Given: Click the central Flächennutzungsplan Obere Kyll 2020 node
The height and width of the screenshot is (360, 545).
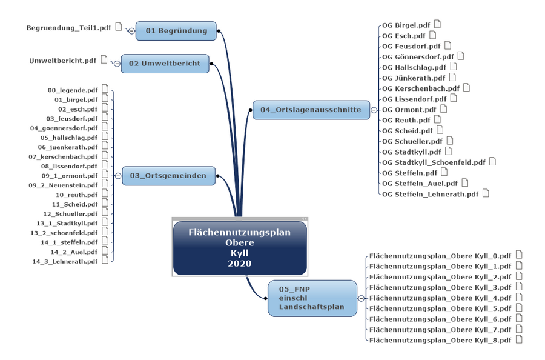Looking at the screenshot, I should [x=239, y=248].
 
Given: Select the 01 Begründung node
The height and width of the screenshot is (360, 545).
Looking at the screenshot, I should [x=176, y=31].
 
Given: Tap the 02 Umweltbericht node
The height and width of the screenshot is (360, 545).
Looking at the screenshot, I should [x=165, y=64].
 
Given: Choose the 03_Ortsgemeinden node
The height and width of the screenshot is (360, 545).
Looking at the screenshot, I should [x=169, y=176].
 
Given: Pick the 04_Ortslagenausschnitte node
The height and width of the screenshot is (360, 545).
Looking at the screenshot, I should [x=311, y=110].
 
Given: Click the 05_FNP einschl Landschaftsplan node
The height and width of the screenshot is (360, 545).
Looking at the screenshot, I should [x=311, y=298].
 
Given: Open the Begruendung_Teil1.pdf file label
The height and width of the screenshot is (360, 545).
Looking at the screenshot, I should [x=69, y=28].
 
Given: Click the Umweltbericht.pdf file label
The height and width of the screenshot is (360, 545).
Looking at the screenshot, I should [x=63, y=61].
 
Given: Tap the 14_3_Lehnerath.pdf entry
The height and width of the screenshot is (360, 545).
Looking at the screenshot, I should [x=65, y=261].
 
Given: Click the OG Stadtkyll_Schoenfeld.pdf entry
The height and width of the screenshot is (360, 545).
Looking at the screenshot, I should [x=434, y=162].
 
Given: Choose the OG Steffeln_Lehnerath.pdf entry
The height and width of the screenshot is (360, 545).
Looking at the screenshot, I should [x=430, y=195].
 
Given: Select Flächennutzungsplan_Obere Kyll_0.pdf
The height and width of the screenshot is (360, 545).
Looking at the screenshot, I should [x=440, y=256].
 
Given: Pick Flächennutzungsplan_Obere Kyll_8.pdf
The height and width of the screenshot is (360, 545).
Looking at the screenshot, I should [x=440, y=341].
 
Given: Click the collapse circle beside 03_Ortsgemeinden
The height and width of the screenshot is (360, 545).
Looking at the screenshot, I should [x=117, y=176].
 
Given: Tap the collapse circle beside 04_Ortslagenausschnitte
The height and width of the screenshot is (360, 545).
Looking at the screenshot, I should [x=375, y=110].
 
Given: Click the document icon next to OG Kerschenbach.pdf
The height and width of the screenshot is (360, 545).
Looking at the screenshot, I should [x=466, y=88].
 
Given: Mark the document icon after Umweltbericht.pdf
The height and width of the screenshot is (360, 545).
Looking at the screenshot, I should [x=104, y=60].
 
